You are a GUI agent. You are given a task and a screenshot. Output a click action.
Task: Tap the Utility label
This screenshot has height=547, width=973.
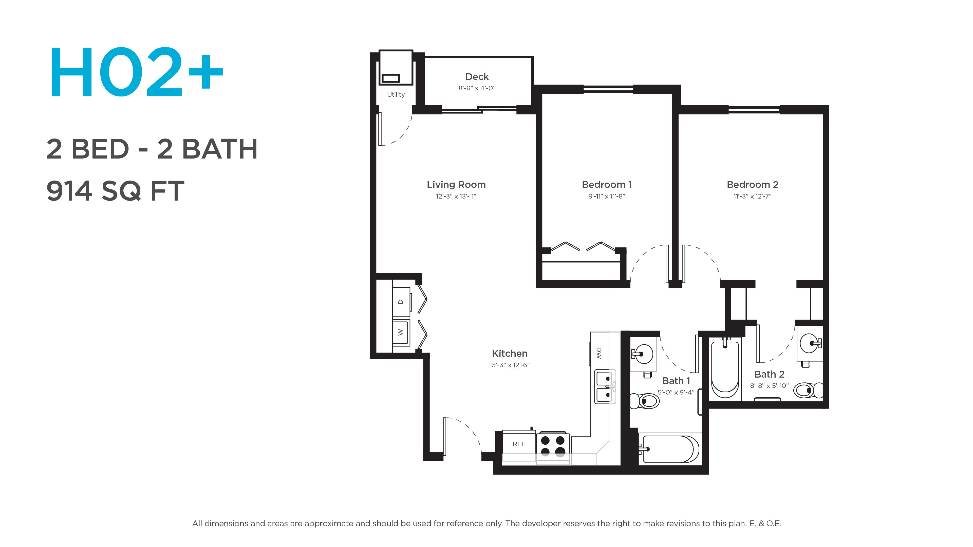(x=396, y=94)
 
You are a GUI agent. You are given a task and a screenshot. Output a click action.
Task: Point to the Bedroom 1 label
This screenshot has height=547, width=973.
(x=607, y=185)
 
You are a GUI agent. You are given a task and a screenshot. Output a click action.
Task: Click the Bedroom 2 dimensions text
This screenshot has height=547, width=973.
(x=752, y=196)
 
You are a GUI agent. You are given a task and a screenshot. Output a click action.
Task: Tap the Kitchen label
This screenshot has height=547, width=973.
(x=510, y=354)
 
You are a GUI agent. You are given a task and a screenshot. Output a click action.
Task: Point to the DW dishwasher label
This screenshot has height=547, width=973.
(x=599, y=353)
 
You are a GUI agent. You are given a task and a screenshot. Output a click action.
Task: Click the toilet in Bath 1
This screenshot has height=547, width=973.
(x=644, y=401)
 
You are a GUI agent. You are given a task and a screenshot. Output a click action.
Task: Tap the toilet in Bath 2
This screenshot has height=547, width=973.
(x=808, y=390)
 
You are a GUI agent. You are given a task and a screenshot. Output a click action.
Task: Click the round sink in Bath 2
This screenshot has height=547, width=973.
(x=810, y=344)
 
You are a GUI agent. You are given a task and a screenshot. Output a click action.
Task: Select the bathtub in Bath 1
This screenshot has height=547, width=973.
(x=669, y=449)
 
